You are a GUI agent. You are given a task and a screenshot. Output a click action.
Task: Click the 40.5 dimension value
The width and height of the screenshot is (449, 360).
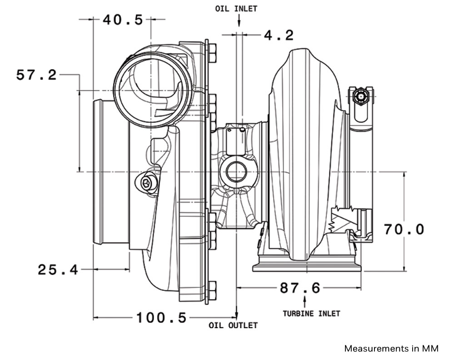122,20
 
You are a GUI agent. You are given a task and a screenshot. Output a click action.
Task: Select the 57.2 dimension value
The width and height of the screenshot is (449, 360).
36,75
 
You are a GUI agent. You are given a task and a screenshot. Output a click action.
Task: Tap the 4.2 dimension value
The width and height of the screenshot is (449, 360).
279,35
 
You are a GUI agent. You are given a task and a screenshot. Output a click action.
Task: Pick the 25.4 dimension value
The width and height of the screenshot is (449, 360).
58,270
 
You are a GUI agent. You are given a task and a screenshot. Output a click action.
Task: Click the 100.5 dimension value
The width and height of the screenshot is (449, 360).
161,318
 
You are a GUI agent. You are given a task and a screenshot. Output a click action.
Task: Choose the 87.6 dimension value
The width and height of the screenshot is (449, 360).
300,288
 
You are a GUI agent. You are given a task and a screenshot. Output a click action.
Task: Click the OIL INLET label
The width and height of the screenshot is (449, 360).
236,8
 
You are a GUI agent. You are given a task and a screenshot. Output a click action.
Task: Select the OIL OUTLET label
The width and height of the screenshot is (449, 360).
233,325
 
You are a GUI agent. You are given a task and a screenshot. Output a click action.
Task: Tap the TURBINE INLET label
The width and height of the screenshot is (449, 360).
311,314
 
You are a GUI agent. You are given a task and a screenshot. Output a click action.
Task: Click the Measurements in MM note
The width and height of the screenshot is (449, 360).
391,349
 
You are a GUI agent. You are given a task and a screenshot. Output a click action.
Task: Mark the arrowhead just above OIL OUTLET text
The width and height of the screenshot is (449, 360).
237,315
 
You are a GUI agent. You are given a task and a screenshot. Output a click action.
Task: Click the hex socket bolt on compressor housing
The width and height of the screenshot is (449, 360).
146,184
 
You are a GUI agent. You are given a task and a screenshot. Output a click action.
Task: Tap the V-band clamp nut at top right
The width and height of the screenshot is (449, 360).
361,96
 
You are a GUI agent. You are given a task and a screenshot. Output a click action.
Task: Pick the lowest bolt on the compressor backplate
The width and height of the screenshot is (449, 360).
212,290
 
